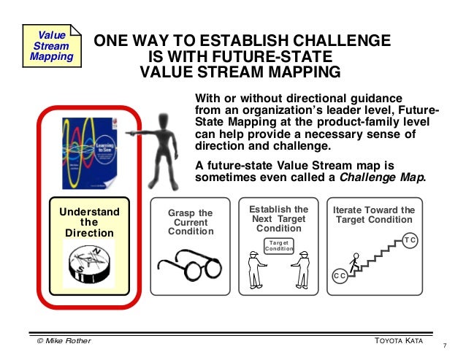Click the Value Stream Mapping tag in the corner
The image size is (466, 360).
tap(50, 45)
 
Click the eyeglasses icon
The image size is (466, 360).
tap(189, 264)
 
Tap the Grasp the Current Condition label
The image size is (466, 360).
tap(190, 222)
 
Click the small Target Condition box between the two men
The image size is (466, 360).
tap(279, 245)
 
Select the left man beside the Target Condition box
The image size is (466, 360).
tap(254, 269)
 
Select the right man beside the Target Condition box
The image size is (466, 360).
tap(304, 269)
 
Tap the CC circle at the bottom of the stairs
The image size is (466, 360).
tap(340, 275)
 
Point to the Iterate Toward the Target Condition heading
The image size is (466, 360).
tap(374, 215)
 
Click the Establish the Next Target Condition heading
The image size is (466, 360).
tap(279, 218)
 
